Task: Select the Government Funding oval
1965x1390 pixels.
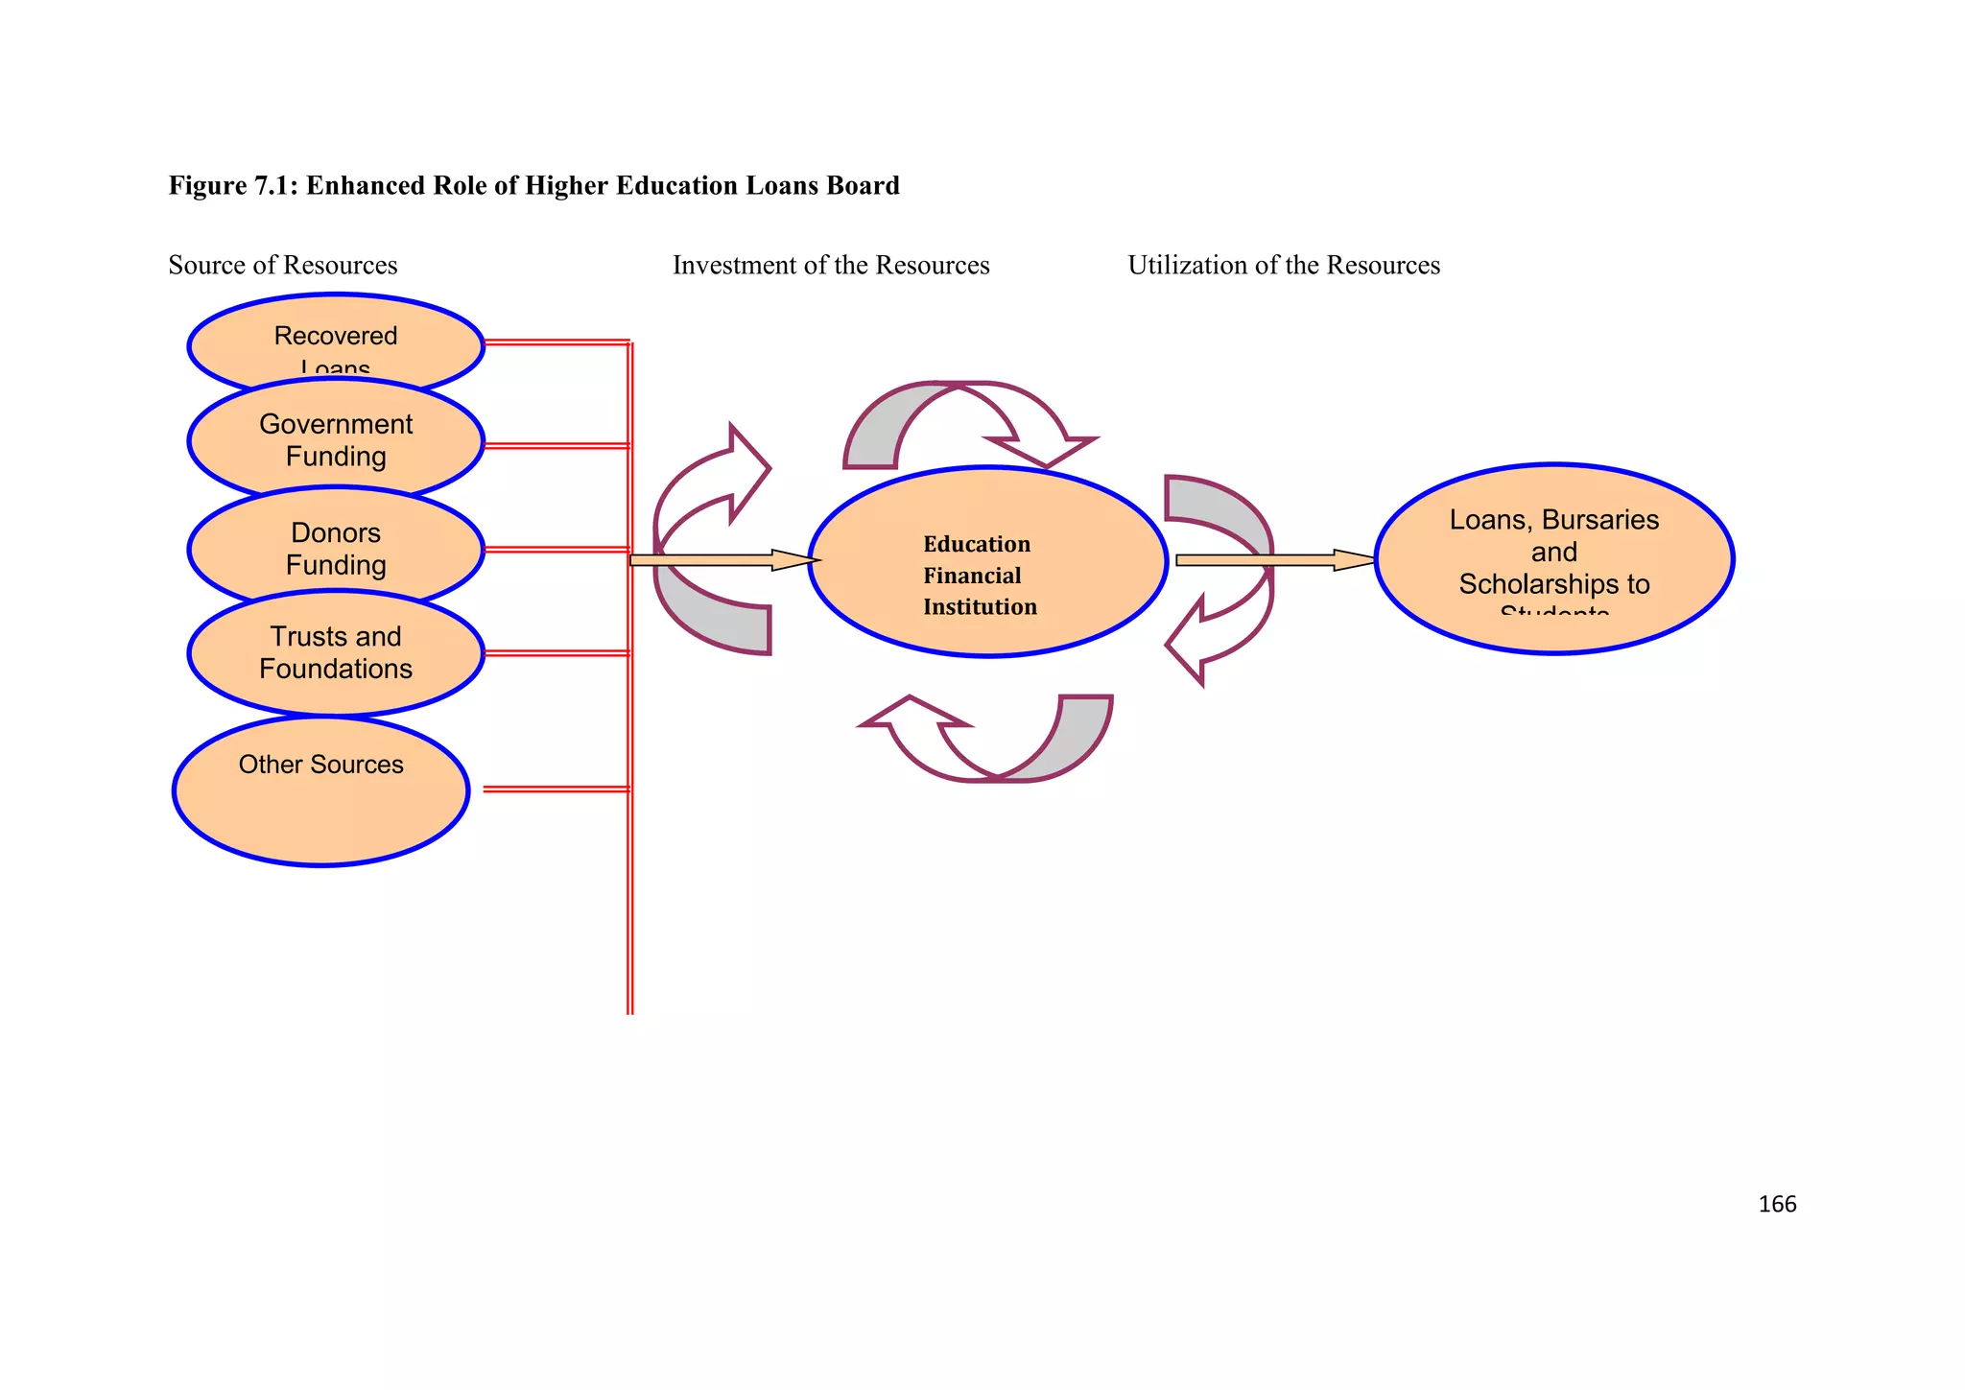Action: (x=336, y=440)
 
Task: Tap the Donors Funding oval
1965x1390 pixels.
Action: (x=336, y=549)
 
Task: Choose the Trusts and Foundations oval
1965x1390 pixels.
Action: (x=336, y=652)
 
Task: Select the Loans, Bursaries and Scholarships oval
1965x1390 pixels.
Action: (x=1554, y=558)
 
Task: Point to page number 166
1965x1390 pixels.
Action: (x=1777, y=1205)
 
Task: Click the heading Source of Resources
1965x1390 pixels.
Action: (x=283, y=265)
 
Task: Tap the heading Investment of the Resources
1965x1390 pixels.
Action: (x=831, y=265)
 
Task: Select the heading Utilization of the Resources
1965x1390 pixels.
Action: (x=1284, y=265)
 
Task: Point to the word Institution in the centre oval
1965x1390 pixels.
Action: (x=980, y=607)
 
